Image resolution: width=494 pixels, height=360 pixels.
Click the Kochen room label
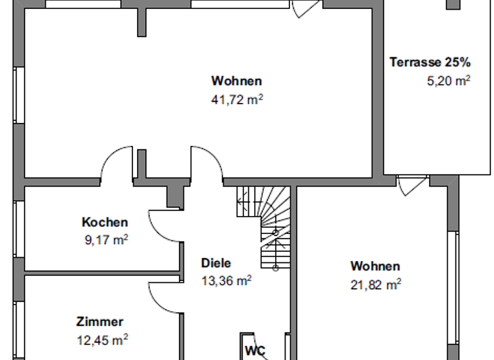[x=104, y=222]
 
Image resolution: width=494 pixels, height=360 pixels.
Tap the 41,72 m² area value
[x=237, y=99]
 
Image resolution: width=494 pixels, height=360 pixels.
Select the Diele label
[x=215, y=263]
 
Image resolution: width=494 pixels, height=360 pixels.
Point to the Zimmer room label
[x=99, y=322]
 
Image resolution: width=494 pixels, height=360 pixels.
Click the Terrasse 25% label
[x=430, y=62]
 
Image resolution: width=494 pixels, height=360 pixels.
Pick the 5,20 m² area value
[x=448, y=80]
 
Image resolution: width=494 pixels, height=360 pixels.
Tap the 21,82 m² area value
[x=376, y=283]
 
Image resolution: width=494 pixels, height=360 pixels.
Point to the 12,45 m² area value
[x=102, y=339]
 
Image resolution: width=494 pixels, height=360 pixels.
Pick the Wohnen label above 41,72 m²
[x=237, y=81]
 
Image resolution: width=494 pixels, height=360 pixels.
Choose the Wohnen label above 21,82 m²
[x=375, y=266]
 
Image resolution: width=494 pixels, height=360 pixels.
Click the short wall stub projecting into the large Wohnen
[x=142, y=22]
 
